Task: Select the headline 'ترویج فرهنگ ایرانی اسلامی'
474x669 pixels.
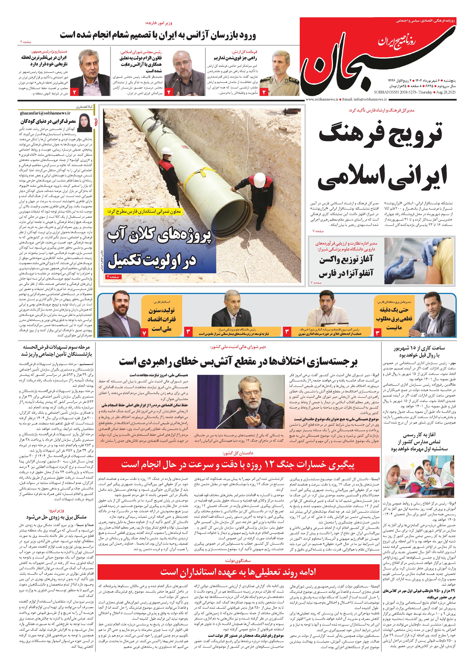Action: point(381,156)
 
